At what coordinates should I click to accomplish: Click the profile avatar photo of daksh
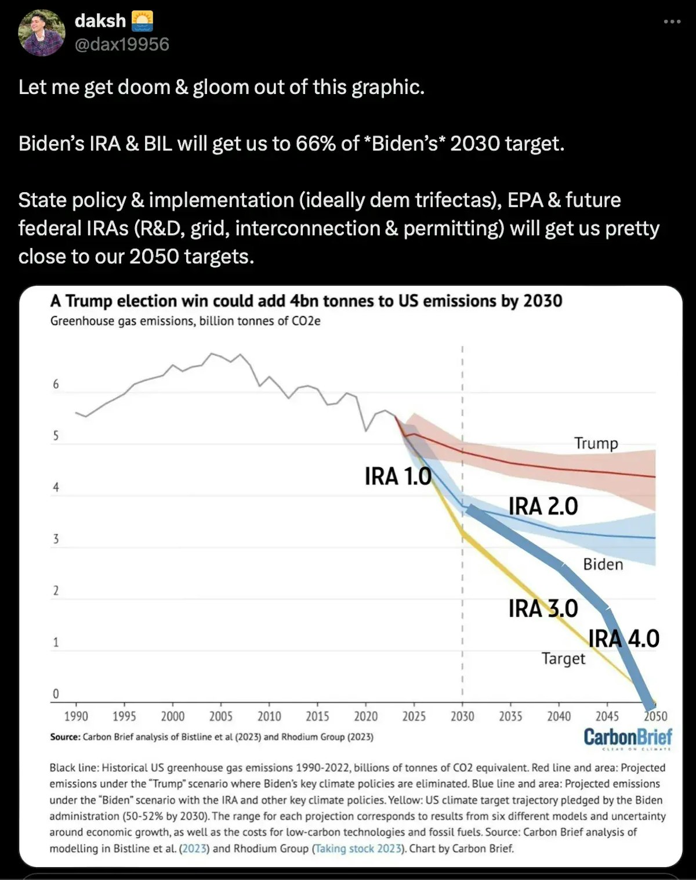(41, 33)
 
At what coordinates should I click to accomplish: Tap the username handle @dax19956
(122, 45)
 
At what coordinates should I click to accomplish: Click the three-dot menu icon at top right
(672, 22)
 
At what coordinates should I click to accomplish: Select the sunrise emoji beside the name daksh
(142, 21)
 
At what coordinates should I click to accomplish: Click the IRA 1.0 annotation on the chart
(398, 477)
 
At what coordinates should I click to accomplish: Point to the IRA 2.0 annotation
(543, 506)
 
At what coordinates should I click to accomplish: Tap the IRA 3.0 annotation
(543, 608)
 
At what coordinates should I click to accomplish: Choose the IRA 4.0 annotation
(624, 639)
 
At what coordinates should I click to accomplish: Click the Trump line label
(596, 443)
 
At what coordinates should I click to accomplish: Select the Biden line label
(603, 564)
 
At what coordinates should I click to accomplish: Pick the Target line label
(563, 658)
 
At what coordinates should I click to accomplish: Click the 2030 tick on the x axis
(462, 716)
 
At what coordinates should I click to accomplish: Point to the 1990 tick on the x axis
(76, 716)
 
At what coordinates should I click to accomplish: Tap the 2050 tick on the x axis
(655, 716)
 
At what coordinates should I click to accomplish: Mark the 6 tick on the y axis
(56, 384)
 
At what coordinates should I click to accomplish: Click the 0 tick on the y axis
(56, 694)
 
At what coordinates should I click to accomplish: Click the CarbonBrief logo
(628, 738)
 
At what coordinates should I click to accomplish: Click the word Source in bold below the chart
(65, 737)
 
